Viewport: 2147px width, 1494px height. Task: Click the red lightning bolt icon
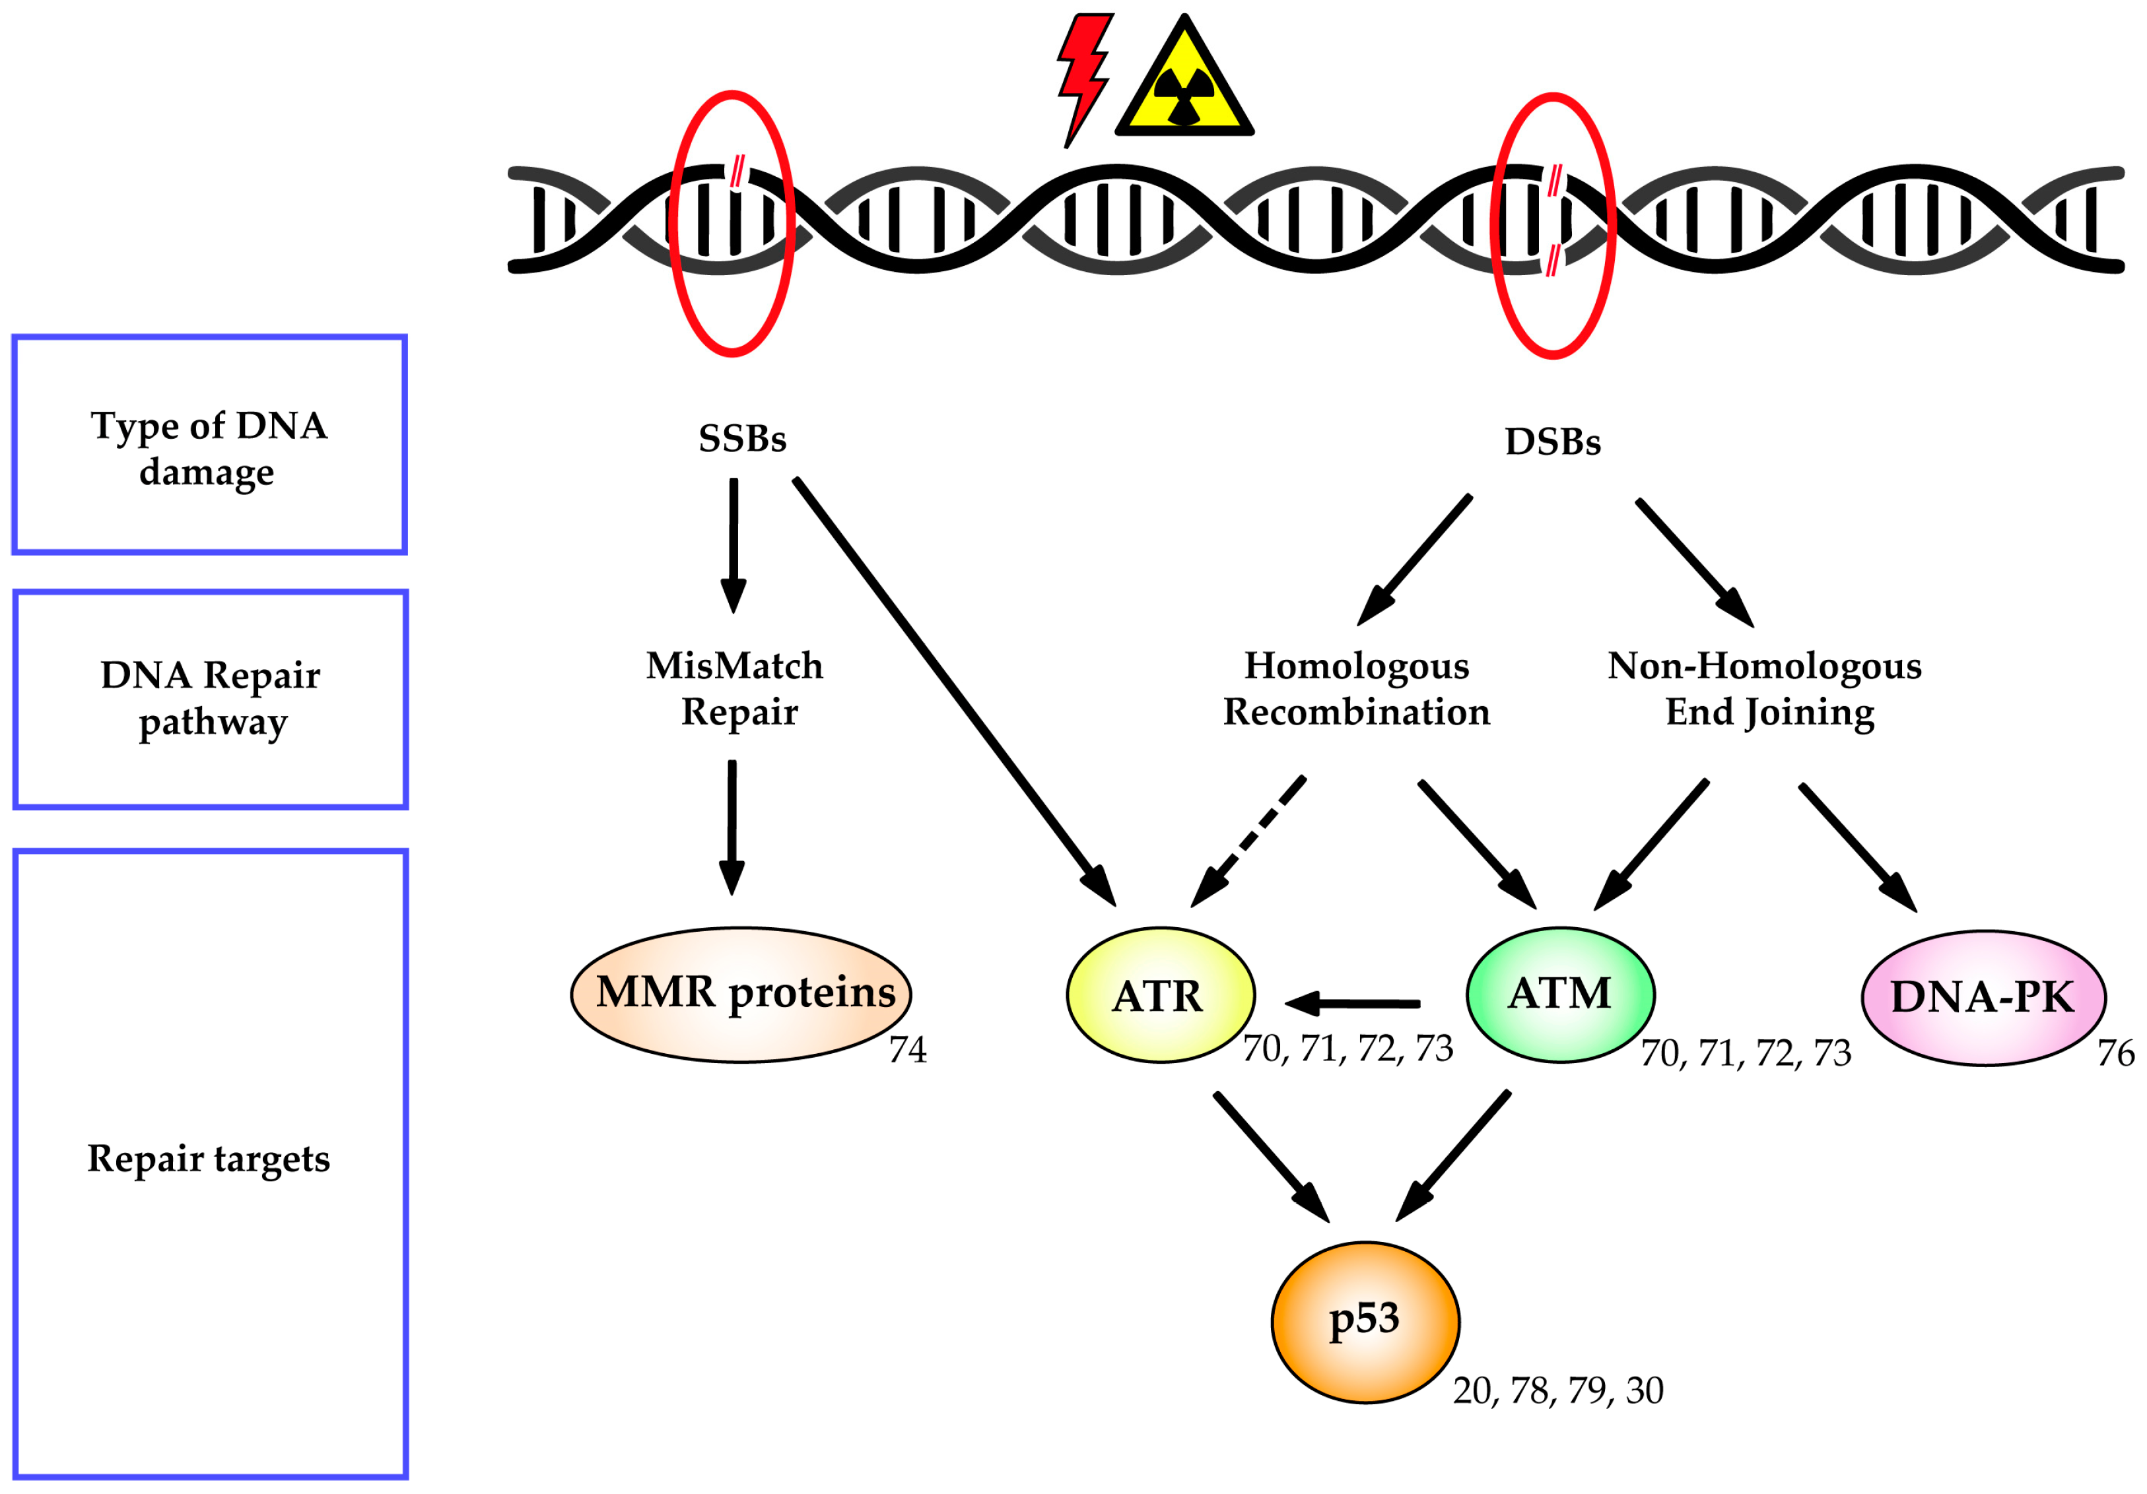(1085, 79)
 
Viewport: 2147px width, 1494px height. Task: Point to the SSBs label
(743, 438)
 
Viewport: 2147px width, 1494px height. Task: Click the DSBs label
(1552, 441)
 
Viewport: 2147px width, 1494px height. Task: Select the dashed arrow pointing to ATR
(1248, 841)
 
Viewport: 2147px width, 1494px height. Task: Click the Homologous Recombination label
(1356, 689)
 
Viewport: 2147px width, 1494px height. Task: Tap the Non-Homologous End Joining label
(1765, 689)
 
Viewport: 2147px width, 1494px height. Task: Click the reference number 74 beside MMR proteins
(907, 1050)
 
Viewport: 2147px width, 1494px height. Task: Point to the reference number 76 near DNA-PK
(2115, 1054)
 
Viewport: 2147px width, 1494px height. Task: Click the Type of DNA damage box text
(209, 449)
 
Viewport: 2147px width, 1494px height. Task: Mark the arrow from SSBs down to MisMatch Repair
(733, 546)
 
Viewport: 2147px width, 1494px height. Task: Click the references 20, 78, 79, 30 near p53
(1558, 1391)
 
